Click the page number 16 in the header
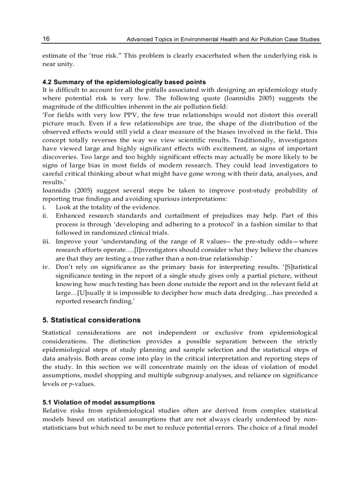click(x=46, y=39)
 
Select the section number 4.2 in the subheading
click(x=47, y=82)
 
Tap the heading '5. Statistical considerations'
click(x=91, y=320)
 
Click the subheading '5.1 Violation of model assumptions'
click(x=99, y=402)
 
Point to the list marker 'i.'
click(x=44, y=207)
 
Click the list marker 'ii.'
click(x=45, y=216)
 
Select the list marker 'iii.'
click(x=46, y=241)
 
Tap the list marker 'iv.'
click(x=46, y=267)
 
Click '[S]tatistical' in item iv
click(x=301, y=267)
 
